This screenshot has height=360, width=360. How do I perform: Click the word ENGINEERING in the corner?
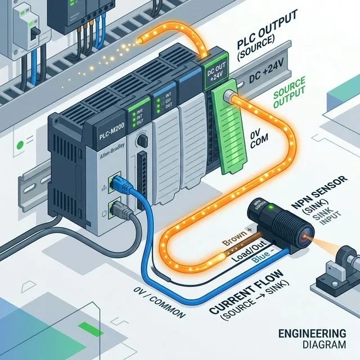click(x=312, y=332)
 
